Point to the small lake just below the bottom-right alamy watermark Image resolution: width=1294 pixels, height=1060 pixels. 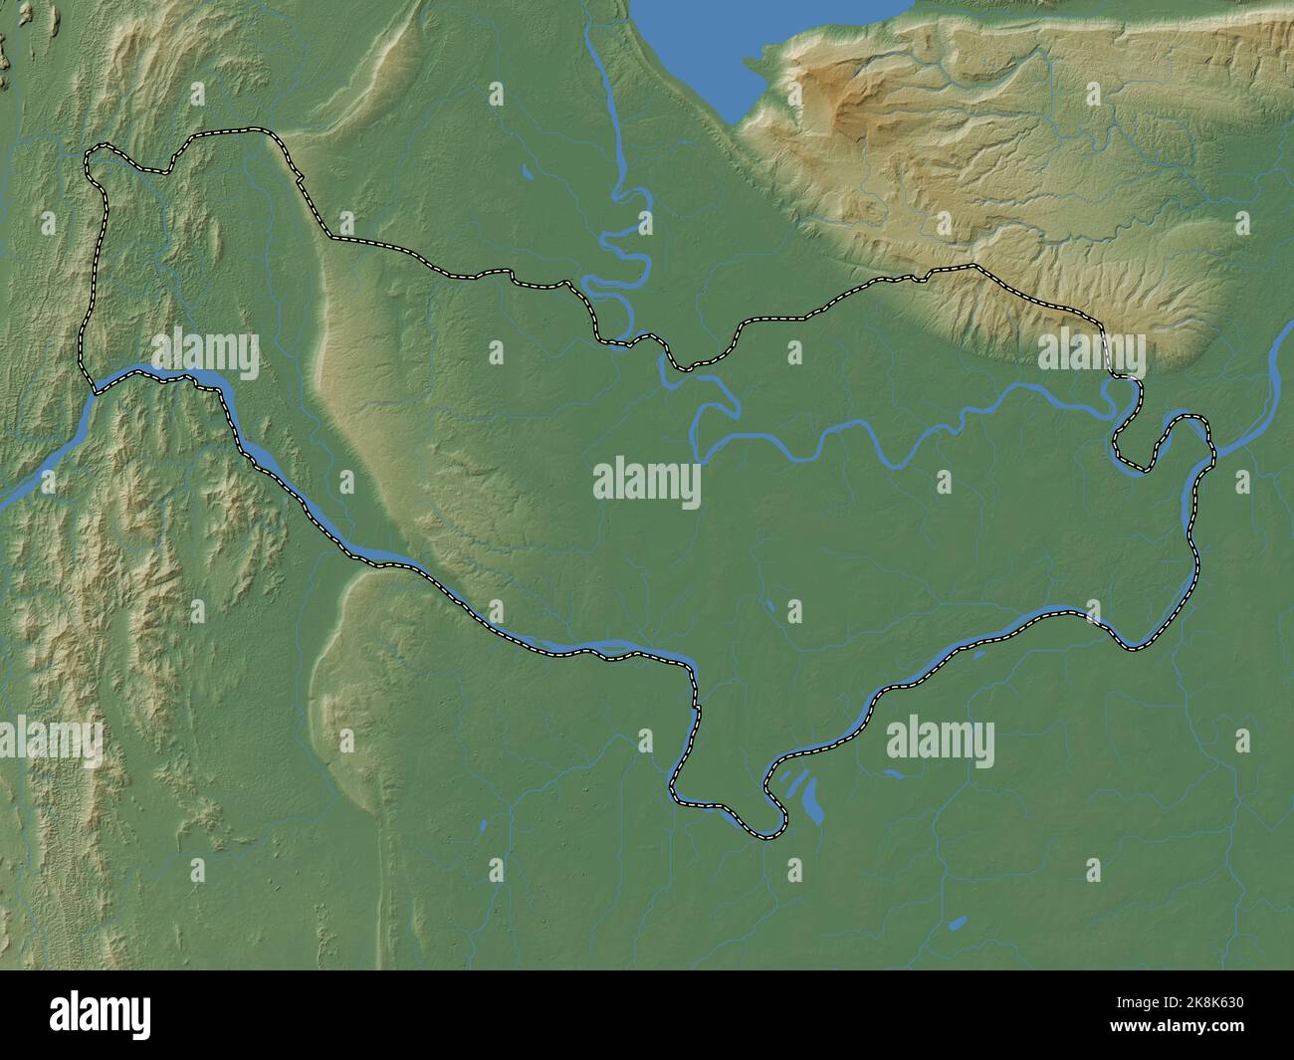click(893, 772)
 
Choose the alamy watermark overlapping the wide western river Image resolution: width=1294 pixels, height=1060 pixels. click(204, 353)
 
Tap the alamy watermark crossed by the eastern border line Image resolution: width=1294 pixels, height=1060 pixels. click(1091, 353)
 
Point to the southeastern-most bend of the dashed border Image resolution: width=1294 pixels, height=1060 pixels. click(1133, 648)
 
